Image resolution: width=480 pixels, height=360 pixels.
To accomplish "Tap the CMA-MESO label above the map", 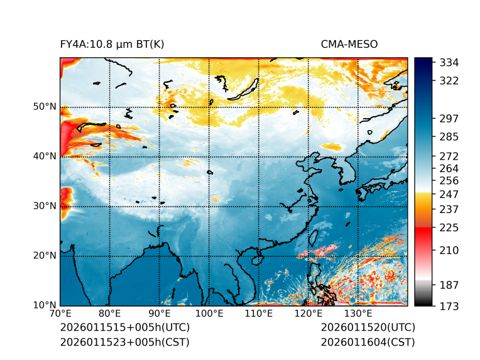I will [349, 44].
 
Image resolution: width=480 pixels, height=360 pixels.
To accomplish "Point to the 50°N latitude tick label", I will [45, 107].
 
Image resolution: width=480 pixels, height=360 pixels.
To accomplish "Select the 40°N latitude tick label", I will [45, 156].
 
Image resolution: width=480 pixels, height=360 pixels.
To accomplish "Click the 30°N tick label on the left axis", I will [45, 206].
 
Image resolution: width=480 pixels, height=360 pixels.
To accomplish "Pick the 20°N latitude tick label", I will [45, 256].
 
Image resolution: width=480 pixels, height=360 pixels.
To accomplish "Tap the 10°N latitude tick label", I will [45, 306].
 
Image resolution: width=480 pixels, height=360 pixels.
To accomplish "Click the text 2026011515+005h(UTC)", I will [124, 327].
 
